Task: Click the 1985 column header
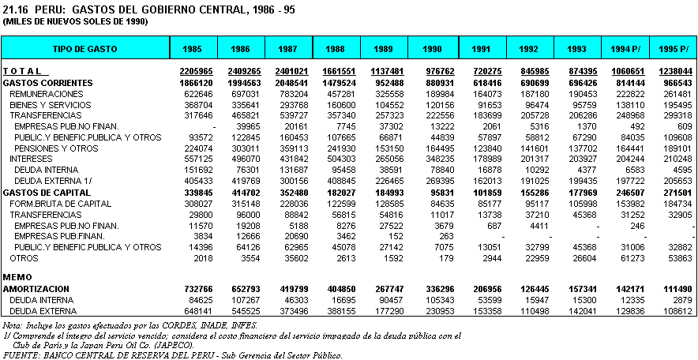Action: tap(192, 49)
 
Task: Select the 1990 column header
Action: tap(431, 49)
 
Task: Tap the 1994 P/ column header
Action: tap(625, 49)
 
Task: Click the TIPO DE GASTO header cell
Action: tap(85, 49)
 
